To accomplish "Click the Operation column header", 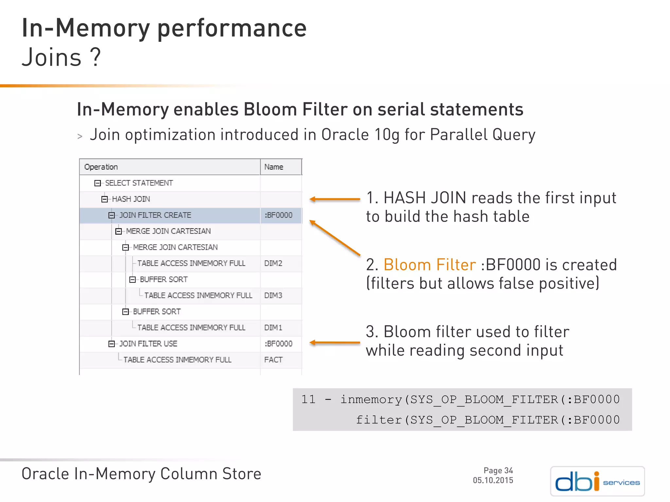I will (101, 167).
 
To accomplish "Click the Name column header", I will (273, 167).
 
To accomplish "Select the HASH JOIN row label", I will (131, 199).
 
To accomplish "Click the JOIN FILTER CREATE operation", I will (155, 215).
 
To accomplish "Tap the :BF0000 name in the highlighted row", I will (278, 215).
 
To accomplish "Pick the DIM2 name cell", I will (273, 263).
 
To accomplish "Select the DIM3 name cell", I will (273, 295).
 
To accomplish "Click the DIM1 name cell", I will (273, 327).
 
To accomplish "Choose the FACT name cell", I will (273, 360).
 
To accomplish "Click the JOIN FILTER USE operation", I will (148, 343).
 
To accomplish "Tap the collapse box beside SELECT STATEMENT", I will (97, 183).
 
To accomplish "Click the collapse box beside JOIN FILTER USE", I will (112, 344).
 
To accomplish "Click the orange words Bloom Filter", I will (430, 265).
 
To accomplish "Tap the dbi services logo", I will (597, 481).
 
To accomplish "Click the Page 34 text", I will (498, 471).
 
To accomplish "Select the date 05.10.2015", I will (493, 480).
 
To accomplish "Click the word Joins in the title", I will (51, 58).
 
